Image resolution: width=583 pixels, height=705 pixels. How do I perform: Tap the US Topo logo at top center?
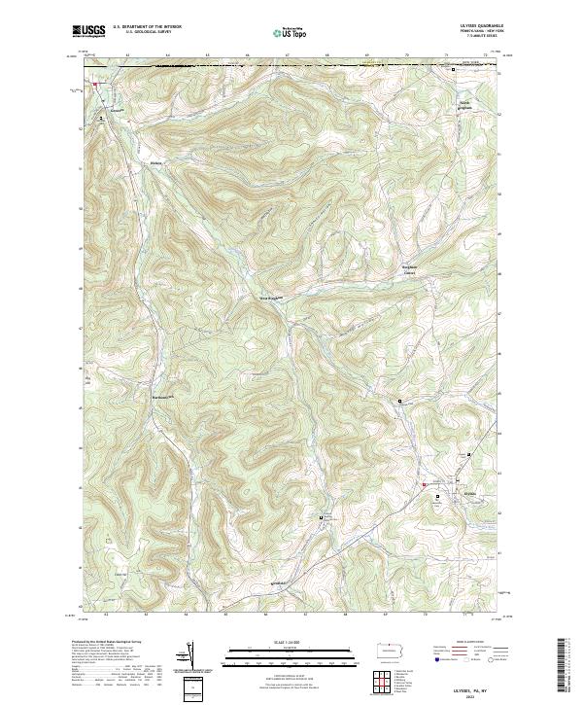tap(283, 33)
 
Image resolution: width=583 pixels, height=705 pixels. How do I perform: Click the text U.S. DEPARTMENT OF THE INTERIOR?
tap(147, 27)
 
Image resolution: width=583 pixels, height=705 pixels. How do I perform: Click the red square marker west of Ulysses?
tap(425, 485)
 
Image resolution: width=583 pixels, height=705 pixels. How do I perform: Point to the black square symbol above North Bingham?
tap(453, 70)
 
